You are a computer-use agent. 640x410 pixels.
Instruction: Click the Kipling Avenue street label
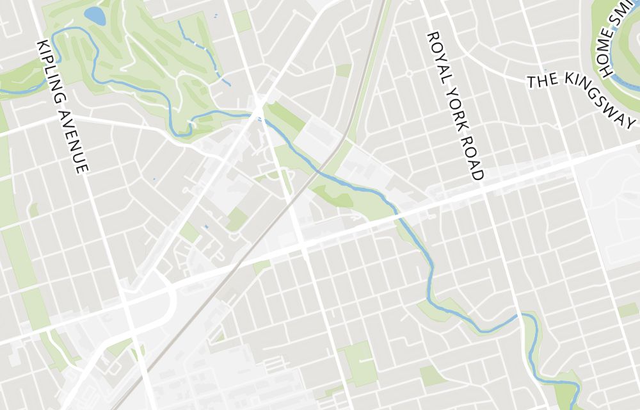pyautogui.click(x=62, y=106)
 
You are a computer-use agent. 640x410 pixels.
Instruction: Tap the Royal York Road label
pyautogui.click(x=455, y=106)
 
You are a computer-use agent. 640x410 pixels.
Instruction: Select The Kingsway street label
pyautogui.click(x=582, y=96)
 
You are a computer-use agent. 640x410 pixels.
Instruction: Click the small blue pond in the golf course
pyautogui.click(x=95, y=15)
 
